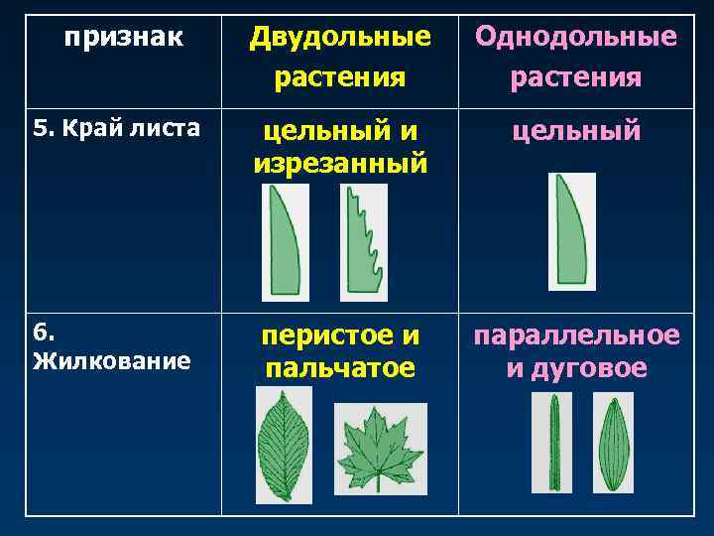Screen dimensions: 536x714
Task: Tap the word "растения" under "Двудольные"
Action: pos(340,76)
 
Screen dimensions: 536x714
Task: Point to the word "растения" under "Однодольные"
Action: pos(576,76)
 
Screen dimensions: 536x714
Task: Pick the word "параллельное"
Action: pos(576,336)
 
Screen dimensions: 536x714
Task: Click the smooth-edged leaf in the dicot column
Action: pos(285,242)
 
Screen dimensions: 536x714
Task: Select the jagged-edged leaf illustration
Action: pos(363,242)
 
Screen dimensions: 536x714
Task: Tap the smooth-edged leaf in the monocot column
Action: pos(571,231)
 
